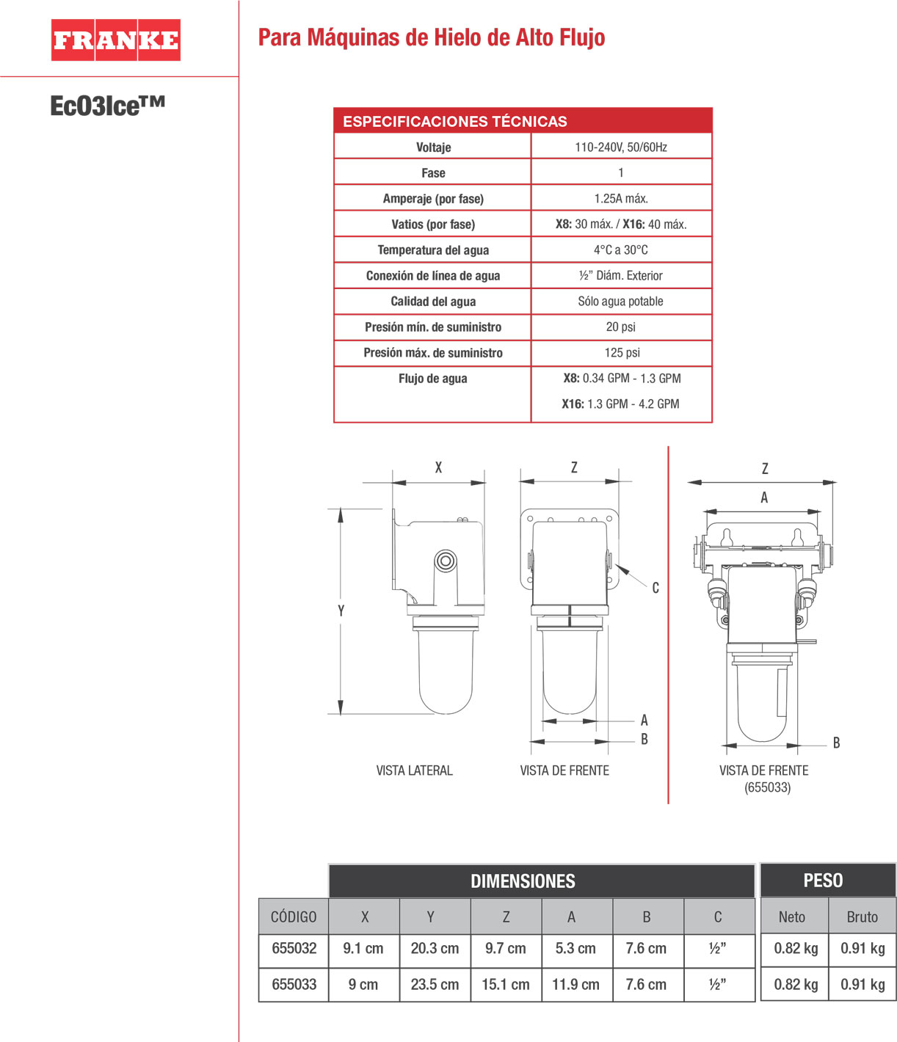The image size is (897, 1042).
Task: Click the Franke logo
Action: (115, 40)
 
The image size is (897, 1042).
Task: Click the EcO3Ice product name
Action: (107, 106)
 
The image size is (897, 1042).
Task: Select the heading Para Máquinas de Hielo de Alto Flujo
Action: (431, 37)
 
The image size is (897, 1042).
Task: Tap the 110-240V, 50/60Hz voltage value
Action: (621, 147)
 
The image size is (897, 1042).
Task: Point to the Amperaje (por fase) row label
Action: (433, 198)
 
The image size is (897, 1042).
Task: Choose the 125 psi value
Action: (622, 352)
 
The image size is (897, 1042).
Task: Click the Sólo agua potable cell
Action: (621, 301)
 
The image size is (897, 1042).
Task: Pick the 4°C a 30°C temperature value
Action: (621, 249)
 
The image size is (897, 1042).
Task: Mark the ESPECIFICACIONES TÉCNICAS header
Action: (455, 121)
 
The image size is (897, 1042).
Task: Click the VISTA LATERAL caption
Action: (414, 770)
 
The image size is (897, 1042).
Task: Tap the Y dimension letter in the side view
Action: (341, 611)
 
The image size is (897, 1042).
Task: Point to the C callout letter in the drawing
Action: (655, 588)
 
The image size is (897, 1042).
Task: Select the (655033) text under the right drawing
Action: (767, 787)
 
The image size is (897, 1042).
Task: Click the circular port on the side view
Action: (445, 561)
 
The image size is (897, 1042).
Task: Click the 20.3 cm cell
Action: (435, 948)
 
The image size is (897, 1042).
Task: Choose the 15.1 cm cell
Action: (506, 984)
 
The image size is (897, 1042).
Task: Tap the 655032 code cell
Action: (294, 948)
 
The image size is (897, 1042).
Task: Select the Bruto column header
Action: (862, 917)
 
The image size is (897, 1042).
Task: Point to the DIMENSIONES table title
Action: (523, 881)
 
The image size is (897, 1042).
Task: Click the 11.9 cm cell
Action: (575, 984)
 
